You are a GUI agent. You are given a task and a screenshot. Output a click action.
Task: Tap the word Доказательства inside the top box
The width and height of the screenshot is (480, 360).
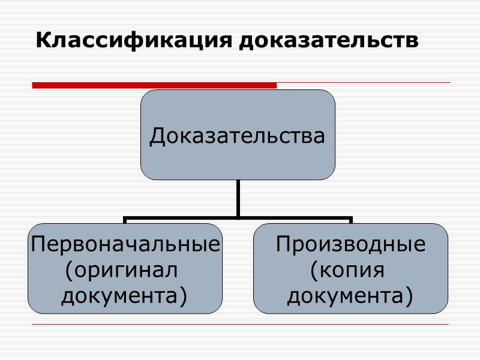click(238, 136)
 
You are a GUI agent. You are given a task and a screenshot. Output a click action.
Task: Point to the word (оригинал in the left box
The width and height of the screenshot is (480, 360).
click(122, 270)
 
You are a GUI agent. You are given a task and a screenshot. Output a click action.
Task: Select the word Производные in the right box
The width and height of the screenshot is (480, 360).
click(350, 244)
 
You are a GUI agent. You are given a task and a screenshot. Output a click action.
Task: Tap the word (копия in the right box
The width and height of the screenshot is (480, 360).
click(347, 270)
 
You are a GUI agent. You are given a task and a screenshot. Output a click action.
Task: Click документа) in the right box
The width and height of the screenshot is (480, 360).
click(350, 295)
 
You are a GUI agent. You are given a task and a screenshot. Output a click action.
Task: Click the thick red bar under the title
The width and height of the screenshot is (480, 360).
click(154, 85)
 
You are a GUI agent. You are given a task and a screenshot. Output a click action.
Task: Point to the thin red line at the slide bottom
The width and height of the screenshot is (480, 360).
click(240, 325)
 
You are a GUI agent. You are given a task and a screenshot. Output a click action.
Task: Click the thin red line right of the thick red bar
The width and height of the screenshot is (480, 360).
click(360, 83)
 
